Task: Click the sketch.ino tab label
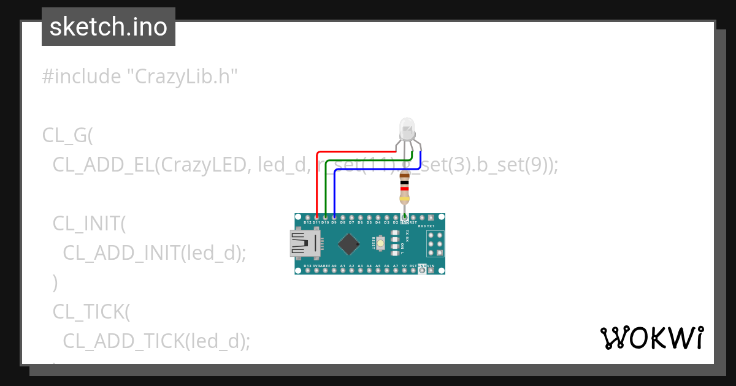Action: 109,27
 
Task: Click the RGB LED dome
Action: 407,129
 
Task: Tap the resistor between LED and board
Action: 404,187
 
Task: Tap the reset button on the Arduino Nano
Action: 381,244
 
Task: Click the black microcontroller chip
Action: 348,243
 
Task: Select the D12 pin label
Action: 307,222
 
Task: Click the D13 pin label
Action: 307,266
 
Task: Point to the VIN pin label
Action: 431,266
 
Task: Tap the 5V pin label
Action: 404,266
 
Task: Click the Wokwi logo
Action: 651,338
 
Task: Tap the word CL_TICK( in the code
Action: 91,311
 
